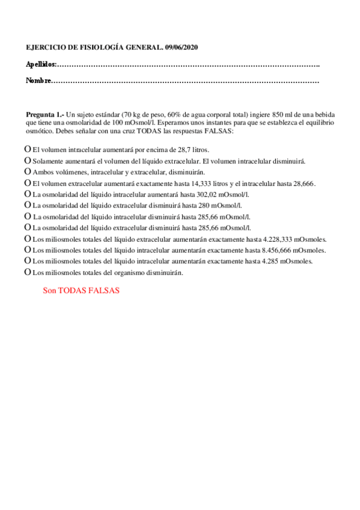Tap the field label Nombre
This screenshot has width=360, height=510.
pyautogui.click(x=38, y=81)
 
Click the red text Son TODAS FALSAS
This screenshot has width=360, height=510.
pyautogui.click(x=81, y=290)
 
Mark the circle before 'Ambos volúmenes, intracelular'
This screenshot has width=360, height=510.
pyautogui.click(x=27, y=171)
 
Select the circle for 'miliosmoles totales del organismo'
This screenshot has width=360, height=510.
pyautogui.click(x=27, y=272)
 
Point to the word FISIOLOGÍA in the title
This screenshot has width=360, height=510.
pyautogui.click(x=87, y=47)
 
